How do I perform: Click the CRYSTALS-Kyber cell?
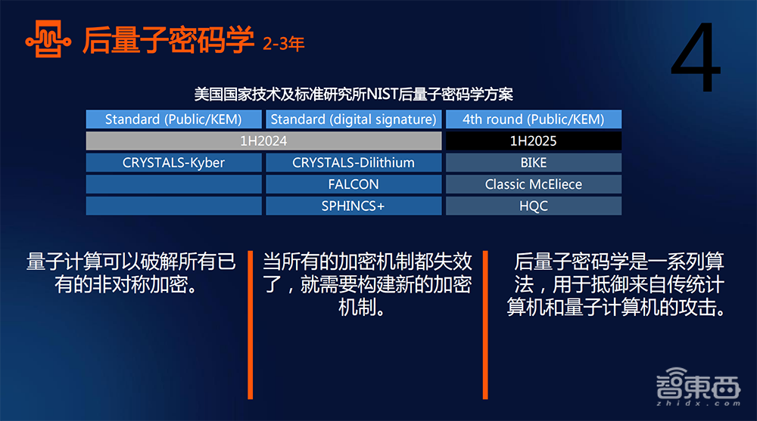(x=173, y=163)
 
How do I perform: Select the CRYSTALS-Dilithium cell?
(x=354, y=163)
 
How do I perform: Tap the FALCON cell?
(x=354, y=184)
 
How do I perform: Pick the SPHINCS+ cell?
(x=354, y=206)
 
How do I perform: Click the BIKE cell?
(x=534, y=163)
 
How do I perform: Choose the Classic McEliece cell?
(x=534, y=184)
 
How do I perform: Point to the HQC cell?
(x=534, y=206)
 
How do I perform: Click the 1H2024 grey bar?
(x=263, y=141)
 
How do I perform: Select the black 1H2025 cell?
(x=534, y=141)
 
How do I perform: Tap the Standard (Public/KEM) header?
(x=173, y=119)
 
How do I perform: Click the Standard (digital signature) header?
(x=354, y=119)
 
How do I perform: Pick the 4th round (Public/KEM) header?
(x=534, y=119)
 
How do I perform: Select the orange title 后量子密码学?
(x=168, y=39)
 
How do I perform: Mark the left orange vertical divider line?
(x=250, y=325)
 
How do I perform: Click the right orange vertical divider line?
(x=485, y=325)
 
